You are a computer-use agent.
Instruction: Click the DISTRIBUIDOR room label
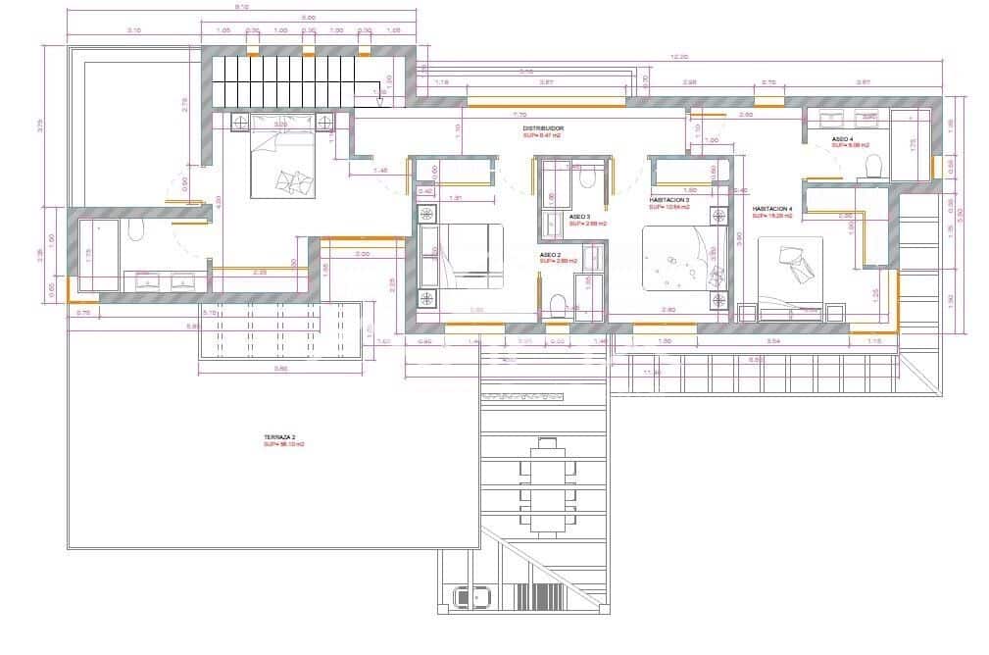click(543, 128)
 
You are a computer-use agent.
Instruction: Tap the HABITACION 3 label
click(669, 200)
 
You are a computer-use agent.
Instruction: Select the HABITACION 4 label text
click(773, 209)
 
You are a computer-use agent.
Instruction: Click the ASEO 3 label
click(579, 216)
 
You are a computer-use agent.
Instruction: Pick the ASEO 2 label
click(550, 255)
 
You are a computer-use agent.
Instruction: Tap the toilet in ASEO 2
click(556, 305)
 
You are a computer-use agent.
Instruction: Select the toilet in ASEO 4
click(870, 167)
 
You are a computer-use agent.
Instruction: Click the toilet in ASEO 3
click(589, 176)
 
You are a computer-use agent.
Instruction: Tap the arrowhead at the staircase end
click(379, 96)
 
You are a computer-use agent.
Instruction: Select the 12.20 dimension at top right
click(679, 57)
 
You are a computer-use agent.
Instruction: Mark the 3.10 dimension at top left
click(134, 30)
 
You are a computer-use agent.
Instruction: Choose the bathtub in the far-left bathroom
click(99, 254)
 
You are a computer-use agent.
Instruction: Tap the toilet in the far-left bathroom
click(135, 230)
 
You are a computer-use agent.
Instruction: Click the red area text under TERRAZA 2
click(283, 444)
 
